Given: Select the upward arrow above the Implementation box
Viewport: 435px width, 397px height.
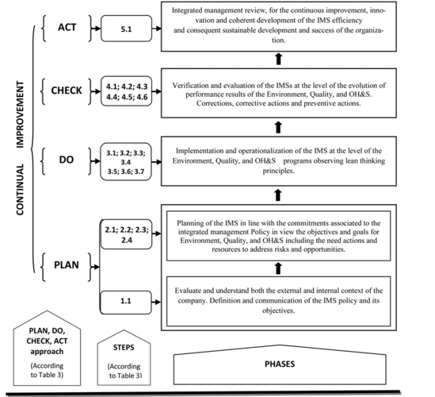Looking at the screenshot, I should [277, 125].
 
